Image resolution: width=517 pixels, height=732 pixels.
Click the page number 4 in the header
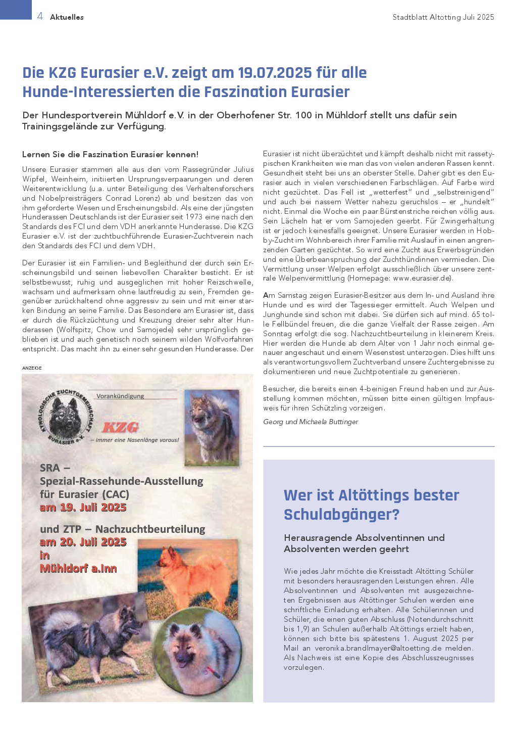point(40,16)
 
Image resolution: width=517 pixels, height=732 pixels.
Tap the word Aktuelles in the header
point(67,17)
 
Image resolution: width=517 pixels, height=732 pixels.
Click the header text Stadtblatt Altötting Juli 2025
point(443,17)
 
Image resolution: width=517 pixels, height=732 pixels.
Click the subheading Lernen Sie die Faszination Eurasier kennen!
point(110,154)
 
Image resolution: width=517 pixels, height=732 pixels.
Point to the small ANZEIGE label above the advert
point(32,368)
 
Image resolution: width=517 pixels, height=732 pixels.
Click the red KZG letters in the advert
point(121,428)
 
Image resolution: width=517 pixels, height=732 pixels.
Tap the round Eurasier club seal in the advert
point(65,417)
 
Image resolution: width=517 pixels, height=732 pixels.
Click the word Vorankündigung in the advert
point(120,396)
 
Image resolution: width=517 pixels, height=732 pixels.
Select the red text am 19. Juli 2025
point(83,508)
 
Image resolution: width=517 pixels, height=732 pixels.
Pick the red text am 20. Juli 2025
point(83,542)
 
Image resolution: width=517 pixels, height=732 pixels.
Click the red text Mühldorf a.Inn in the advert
point(78,568)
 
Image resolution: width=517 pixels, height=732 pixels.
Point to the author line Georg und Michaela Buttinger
point(311,422)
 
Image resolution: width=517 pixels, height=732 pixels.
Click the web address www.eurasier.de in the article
point(422,279)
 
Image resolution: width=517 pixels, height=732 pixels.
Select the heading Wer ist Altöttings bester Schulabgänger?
point(371,505)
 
